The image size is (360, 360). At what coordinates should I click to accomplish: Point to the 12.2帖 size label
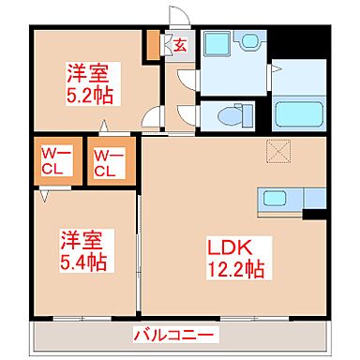point(235,270)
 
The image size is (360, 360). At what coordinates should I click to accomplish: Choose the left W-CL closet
point(56,162)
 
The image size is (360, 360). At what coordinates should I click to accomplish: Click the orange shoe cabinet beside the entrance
point(153,47)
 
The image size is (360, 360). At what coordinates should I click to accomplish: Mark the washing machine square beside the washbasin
point(218,43)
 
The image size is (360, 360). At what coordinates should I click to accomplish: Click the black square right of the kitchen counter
point(315,223)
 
